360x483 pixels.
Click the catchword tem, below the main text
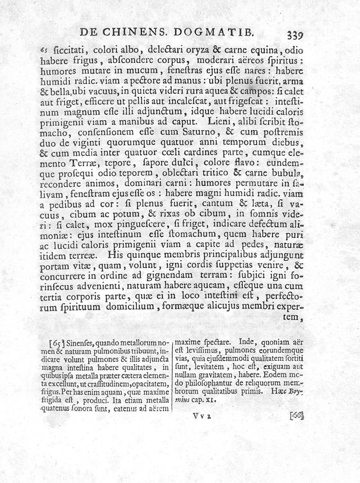pyautogui.click(x=292, y=317)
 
